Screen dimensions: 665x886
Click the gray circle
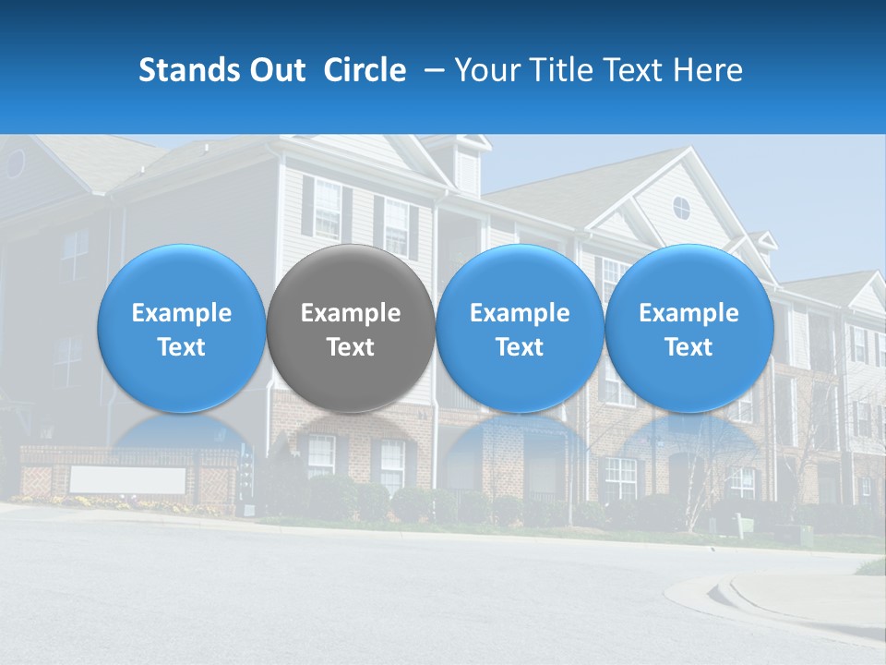(x=351, y=329)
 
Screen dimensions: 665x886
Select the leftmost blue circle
(x=182, y=329)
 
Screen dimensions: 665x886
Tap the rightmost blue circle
(x=689, y=329)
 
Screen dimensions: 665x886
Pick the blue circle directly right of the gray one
(x=520, y=329)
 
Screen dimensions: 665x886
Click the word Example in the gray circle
(x=351, y=313)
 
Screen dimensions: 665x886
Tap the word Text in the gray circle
(x=351, y=347)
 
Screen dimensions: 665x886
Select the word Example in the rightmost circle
(x=689, y=313)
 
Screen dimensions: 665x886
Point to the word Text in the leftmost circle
(x=182, y=347)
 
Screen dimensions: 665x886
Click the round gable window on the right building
(x=681, y=207)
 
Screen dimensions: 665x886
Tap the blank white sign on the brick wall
(x=128, y=480)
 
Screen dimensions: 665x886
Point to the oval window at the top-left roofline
(x=16, y=163)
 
